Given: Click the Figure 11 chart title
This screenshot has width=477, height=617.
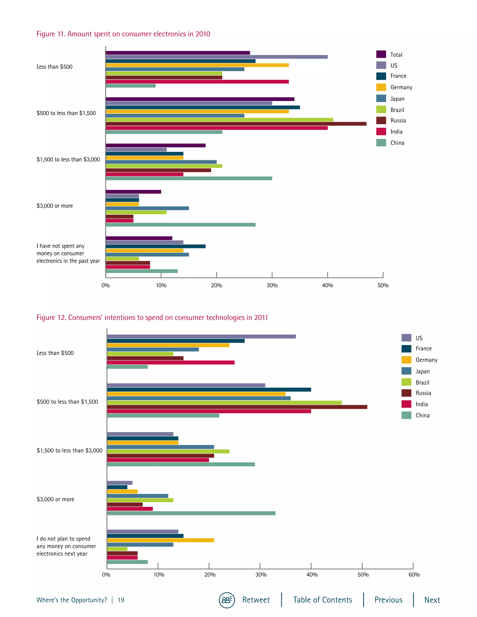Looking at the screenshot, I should [x=123, y=34].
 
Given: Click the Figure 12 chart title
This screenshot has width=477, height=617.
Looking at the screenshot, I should [x=152, y=318].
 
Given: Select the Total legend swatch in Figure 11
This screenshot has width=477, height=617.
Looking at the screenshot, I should [x=381, y=54].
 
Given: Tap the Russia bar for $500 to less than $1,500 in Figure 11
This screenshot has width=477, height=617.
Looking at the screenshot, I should [x=236, y=124].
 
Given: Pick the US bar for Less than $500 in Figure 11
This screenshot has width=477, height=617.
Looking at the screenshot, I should [x=216, y=57].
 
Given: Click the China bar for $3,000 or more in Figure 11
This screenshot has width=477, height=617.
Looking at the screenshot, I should [x=180, y=225].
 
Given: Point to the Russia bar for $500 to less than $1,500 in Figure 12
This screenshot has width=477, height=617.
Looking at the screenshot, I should [x=237, y=407].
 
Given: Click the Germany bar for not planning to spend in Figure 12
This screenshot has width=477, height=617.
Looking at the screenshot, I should [x=160, y=540].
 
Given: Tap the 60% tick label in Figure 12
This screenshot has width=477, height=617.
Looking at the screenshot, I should [x=414, y=575].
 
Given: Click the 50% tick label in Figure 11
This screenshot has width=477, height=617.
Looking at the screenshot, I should [x=383, y=286].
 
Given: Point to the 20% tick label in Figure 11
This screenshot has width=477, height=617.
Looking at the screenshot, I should [x=216, y=286].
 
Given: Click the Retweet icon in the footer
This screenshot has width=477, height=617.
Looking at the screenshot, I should [x=227, y=600].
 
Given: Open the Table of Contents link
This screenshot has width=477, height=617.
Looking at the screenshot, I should [x=322, y=600].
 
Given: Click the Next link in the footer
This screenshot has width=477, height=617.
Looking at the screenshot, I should [x=432, y=600].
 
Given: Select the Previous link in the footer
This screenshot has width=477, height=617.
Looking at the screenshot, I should [x=388, y=600].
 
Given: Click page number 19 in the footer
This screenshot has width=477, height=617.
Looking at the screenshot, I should [x=121, y=600].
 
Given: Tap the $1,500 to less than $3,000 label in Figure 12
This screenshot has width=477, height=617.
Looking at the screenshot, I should [x=69, y=451].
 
